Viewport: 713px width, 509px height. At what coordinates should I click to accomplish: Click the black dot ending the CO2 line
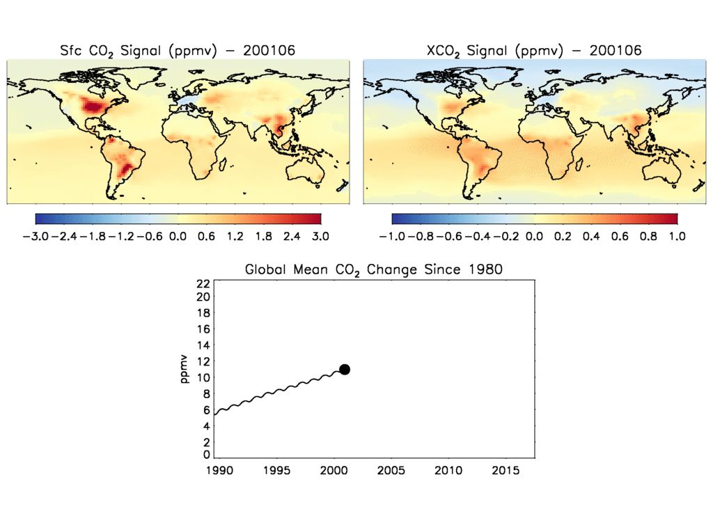tap(344, 369)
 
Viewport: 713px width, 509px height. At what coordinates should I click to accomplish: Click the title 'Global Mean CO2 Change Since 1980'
tap(373, 269)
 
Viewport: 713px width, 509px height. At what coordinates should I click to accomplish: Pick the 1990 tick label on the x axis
tap(215, 471)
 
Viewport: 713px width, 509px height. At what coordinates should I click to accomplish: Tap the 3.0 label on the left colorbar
tap(320, 236)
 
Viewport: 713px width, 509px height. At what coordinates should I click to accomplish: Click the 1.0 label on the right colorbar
tap(677, 236)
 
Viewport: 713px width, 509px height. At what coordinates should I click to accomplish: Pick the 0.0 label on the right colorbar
tap(535, 236)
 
